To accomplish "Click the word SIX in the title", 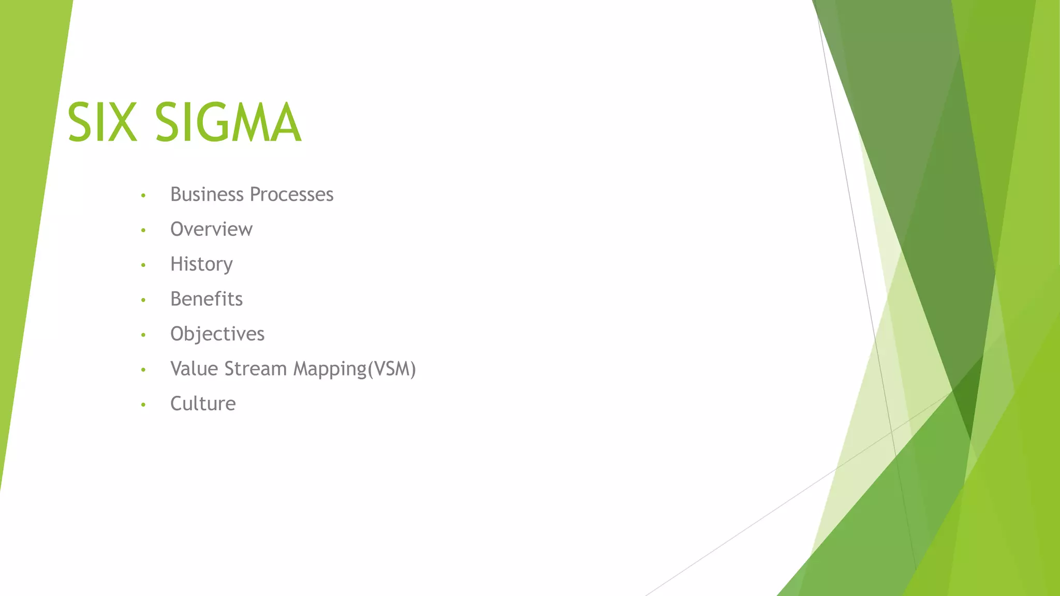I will (x=102, y=123).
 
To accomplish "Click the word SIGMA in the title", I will (x=228, y=123).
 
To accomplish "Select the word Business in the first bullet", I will (x=207, y=195).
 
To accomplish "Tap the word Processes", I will (x=292, y=195).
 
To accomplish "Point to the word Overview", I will (x=211, y=229).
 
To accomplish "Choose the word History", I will (x=201, y=264).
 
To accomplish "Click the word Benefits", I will (x=207, y=299).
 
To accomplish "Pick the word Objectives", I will (x=217, y=334).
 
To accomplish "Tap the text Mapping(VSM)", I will (x=355, y=369).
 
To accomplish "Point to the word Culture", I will (x=203, y=404).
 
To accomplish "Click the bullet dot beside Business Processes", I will (x=143, y=196).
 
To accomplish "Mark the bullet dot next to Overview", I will (x=143, y=230).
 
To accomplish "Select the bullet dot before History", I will (x=143, y=265).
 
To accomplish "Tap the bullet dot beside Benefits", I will (x=143, y=300).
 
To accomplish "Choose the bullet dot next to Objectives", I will (x=143, y=335).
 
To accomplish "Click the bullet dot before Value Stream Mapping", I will (x=143, y=370).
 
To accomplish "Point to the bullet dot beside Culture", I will (x=143, y=405).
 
